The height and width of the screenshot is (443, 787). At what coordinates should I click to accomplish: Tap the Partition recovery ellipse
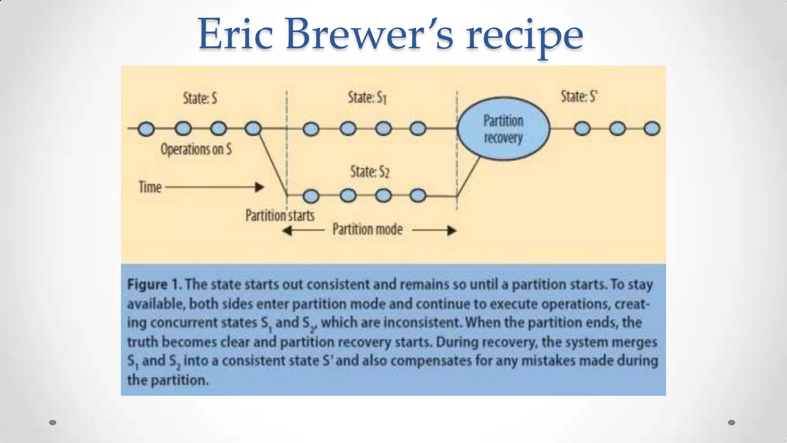tap(503, 128)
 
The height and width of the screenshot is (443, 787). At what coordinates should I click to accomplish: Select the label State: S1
tap(367, 98)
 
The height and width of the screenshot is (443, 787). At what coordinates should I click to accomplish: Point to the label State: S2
tap(370, 172)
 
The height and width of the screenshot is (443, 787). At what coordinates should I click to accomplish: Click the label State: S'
tap(579, 97)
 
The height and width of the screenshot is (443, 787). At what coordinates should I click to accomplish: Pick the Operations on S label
tap(196, 149)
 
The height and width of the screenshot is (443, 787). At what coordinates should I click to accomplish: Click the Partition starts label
tap(280, 215)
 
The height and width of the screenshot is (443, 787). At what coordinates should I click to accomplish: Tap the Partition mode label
tap(367, 230)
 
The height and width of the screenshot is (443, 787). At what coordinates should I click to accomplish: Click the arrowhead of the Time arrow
tap(260, 187)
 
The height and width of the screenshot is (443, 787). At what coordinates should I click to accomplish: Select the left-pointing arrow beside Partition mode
tap(304, 230)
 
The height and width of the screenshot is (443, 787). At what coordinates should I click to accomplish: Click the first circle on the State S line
tap(146, 129)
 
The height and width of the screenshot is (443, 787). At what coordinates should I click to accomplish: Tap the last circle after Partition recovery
tap(652, 128)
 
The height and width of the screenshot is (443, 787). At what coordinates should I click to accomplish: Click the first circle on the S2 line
tap(311, 196)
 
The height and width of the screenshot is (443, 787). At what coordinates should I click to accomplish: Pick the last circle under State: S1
tap(418, 128)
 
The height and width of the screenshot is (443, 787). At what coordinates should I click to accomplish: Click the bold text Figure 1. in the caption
tap(154, 285)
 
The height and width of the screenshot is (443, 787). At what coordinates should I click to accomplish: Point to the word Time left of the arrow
tap(150, 187)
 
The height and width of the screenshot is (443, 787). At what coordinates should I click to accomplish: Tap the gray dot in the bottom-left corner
tap(53, 423)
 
